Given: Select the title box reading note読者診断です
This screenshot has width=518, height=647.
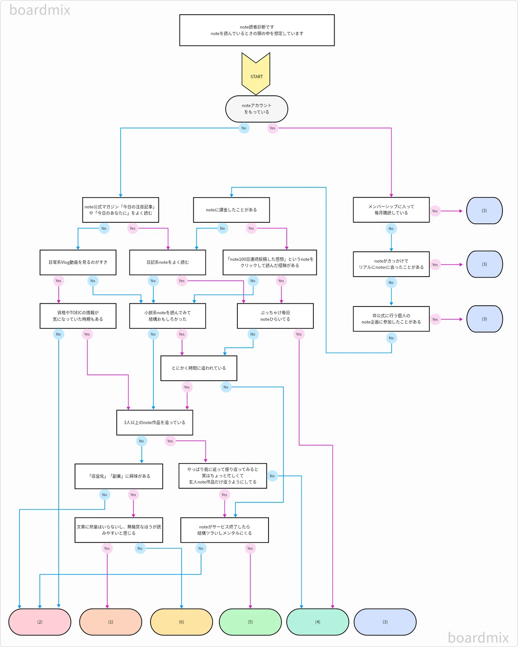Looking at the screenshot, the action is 257,30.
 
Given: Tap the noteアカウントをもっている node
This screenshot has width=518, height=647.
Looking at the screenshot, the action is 256,109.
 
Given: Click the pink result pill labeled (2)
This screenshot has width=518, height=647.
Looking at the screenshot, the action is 40,622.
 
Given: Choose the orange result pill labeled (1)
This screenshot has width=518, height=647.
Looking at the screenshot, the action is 111,622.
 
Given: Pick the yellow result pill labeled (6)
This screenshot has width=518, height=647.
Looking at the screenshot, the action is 181,622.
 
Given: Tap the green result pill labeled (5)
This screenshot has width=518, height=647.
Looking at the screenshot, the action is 250,622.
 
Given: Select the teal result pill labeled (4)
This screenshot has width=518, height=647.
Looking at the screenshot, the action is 318,622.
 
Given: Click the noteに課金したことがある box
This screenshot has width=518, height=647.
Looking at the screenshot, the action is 231,210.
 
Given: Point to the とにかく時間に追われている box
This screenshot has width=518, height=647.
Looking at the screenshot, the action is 199,368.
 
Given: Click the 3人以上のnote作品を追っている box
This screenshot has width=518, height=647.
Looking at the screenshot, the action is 155,423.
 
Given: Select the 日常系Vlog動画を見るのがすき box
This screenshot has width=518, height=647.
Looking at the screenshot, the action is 78,262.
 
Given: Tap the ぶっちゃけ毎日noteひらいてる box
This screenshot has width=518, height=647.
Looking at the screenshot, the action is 275,316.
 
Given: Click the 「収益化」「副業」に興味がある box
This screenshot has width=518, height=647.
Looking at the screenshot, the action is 119,476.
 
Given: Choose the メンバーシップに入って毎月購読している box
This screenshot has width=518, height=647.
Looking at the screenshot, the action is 391,210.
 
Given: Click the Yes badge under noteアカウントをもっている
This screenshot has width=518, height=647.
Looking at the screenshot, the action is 272,128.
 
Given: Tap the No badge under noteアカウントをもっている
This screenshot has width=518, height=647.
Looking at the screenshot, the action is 244,128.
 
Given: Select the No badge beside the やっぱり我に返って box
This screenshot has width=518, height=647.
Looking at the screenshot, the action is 272,476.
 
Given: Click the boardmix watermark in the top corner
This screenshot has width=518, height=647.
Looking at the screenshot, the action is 40,10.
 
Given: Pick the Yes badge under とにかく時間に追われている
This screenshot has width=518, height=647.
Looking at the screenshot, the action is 187,387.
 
